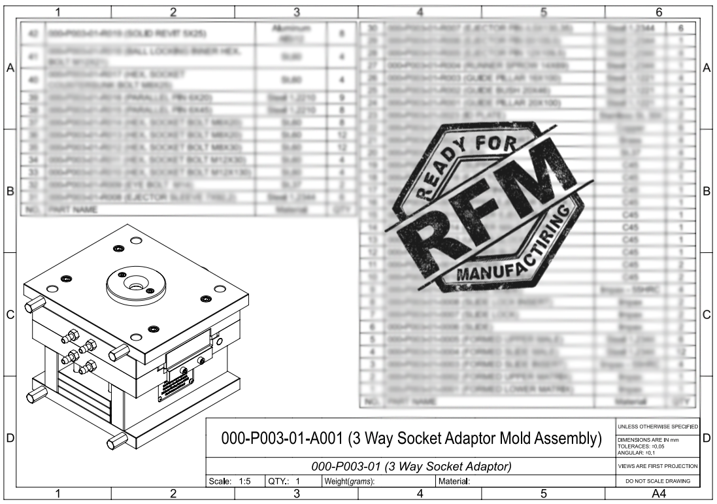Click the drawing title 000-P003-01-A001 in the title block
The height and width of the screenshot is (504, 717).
pyautogui.click(x=411, y=438)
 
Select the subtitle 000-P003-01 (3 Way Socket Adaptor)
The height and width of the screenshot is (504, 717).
pyautogui.click(x=411, y=467)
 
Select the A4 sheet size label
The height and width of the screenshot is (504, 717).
pyautogui.click(x=658, y=494)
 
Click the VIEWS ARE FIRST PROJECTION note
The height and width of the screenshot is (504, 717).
pyautogui.click(x=658, y=467)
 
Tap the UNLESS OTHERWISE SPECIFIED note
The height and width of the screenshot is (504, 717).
pyautogui.click(x=658, y=426)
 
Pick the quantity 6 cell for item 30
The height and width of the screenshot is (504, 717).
pyautogui.click(x=681, y=28)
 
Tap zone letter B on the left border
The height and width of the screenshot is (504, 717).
pyautogui.click(x=10, y=192)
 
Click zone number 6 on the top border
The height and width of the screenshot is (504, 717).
pyautogui.click(x=659, y=11)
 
